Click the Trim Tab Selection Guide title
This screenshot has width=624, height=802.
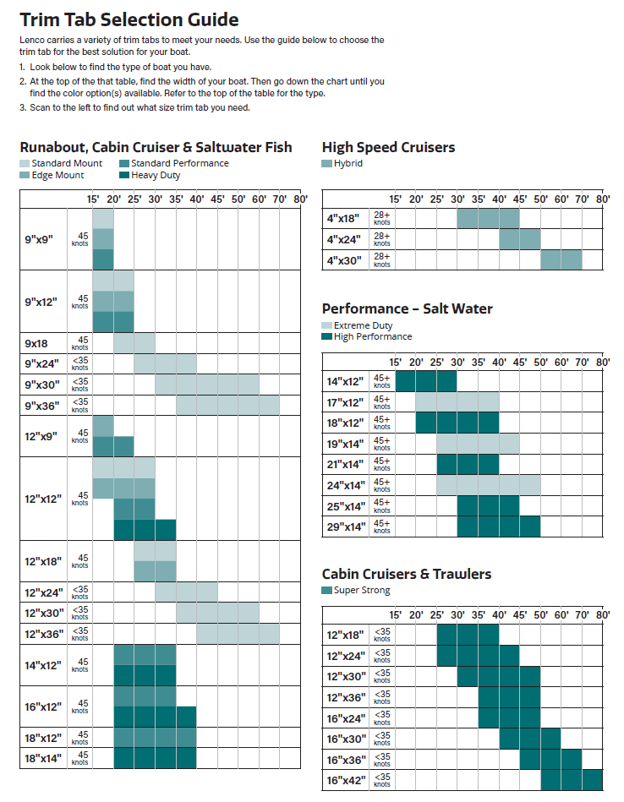click(x=129, y=19)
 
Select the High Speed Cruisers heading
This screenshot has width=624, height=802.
click(x=388, y=147)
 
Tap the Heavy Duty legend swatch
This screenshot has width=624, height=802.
click(x=124, y=176)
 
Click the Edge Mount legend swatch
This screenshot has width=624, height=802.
click(x=25, y=176)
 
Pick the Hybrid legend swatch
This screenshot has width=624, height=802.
click(x=327, y=163)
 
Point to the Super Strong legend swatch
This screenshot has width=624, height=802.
click(x=327, y=590)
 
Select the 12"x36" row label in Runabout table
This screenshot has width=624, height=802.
click(x=43, y=634)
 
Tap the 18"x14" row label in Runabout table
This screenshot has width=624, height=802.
click(x=43, y=758)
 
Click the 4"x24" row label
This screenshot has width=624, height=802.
click(x=343, y=239)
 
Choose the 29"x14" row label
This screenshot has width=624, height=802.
click(x=345, y=526)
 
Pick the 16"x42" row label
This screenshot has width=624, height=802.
click(x=345, y=781)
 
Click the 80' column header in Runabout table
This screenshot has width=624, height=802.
click(x=300, y=199)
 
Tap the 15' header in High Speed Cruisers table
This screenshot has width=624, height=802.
click(x=395, y=199)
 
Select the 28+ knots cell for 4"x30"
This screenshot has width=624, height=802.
click(x=382, y=259)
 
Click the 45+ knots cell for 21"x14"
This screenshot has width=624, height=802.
click(x=382, y=464)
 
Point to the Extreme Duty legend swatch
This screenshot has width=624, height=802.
click(x=327, y=325)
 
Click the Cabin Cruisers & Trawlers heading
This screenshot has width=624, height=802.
click(x=407, y=574)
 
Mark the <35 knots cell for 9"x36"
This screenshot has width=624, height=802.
click(x=80, y=405)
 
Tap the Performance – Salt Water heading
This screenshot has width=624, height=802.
click(x=407, y=308)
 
